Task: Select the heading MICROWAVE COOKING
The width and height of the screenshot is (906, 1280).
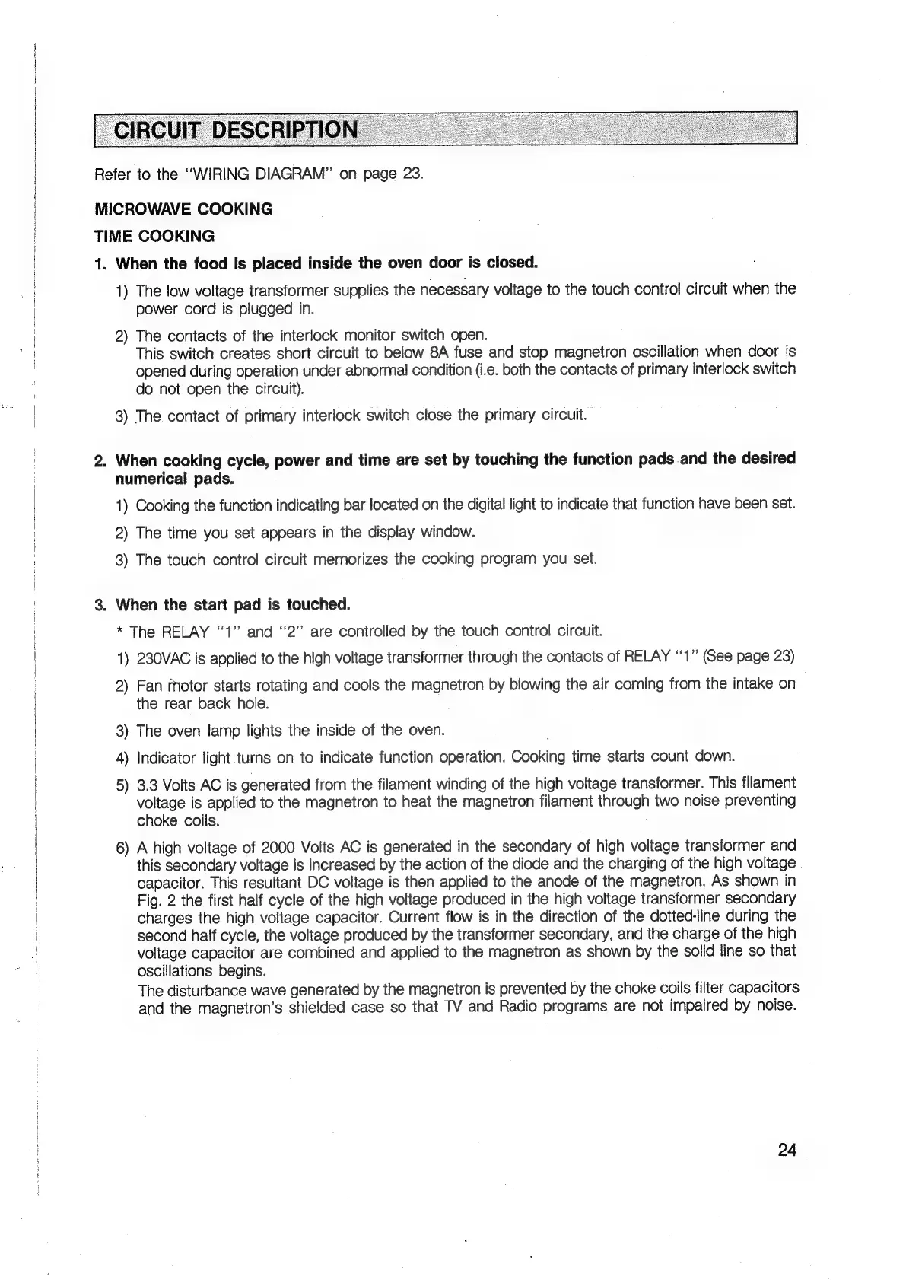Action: coord(183,209)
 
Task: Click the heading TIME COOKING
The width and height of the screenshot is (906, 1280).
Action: coord(154,236)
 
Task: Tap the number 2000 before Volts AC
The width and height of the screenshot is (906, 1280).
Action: coord(283,847)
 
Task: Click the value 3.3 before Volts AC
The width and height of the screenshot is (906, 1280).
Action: coord(148,784)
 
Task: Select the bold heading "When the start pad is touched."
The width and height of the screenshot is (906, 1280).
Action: coord(233,605)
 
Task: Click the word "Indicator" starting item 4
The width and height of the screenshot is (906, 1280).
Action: coord(164,758)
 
